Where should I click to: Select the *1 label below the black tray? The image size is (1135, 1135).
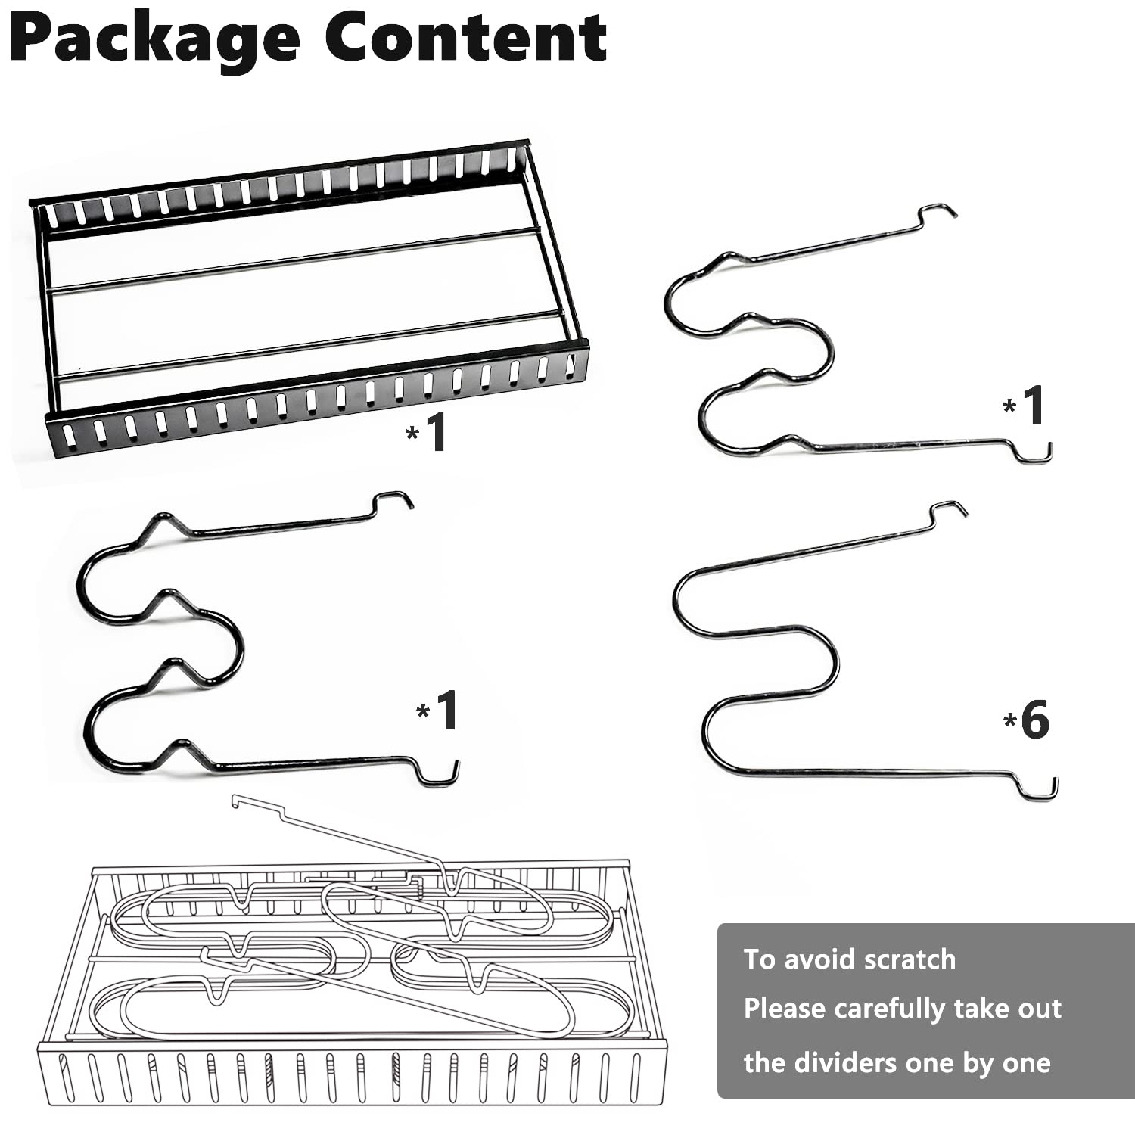tap(426, 432)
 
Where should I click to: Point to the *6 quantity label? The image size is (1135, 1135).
tap(1026, 720)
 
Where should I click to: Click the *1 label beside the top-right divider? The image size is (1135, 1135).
tap(1025, 406)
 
